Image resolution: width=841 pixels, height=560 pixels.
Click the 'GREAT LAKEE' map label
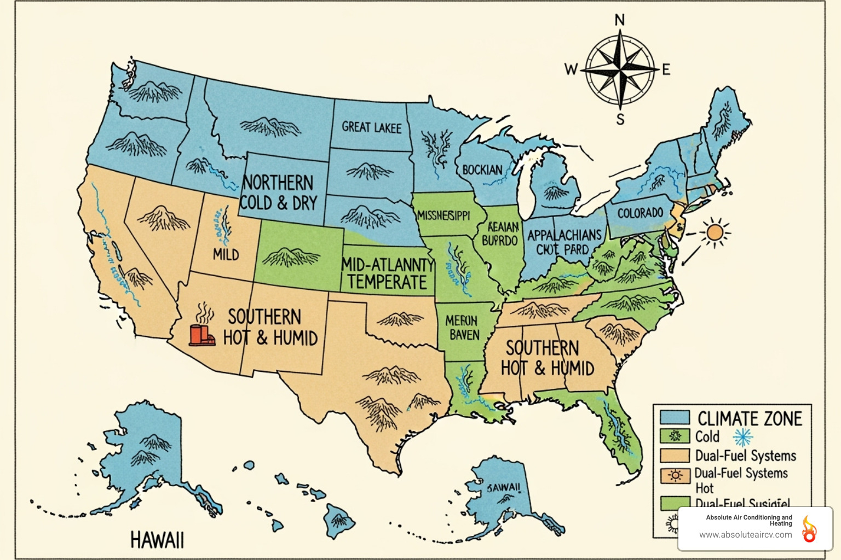[372, 127]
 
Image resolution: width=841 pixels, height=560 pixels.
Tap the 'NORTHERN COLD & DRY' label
[279, 192]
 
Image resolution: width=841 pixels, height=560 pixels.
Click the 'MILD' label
[226, 254]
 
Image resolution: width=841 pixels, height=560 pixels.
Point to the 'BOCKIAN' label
[482, 170]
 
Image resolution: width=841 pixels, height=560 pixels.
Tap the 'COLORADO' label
[640, 213]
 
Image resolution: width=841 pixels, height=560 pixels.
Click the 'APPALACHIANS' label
[564, 236]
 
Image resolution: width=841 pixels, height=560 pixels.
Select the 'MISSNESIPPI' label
[443, 215]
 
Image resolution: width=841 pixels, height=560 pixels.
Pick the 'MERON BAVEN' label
[462, 328]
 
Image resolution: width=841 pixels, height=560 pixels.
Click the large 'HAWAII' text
[157, 540]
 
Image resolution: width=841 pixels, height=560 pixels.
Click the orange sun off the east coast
[715, 232]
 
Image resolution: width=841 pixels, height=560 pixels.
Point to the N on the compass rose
[620, 21]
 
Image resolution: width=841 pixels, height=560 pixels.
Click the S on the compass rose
[620, 120]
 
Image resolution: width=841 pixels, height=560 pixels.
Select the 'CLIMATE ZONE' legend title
[750, 419]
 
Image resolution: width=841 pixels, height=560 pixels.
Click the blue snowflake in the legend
[743, 437]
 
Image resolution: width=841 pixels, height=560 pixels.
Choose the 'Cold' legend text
[707, 437]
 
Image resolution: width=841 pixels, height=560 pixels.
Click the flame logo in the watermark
[809, 529]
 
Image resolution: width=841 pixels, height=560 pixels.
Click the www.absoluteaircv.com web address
[745, 535]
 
